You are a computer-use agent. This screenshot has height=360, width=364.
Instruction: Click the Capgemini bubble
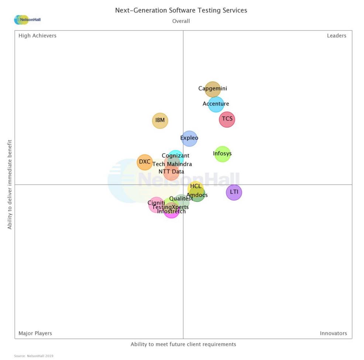pos(213,89)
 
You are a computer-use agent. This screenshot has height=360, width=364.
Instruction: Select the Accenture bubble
pos(216,104)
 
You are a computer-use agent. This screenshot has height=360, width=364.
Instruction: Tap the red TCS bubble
pos(227,119)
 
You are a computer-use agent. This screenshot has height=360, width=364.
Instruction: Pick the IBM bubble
pos(160,120)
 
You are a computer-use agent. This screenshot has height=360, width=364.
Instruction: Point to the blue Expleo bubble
pos(189,138)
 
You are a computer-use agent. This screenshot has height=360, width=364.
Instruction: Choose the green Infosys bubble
pos(222,154)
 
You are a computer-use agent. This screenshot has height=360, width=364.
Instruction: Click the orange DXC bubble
pos(145,162)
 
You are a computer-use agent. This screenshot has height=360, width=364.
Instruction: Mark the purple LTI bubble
pos(234,192)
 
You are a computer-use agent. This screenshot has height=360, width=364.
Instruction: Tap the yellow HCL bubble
pos(196,187)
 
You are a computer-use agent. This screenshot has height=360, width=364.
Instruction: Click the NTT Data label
pos(171,172)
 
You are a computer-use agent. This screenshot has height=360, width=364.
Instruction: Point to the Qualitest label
pos(181,199)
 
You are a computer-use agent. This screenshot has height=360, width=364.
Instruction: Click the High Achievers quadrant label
pos(37,36)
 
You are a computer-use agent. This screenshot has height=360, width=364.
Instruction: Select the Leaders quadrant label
pos(337,36)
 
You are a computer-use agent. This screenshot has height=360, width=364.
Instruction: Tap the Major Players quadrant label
pos(35,333)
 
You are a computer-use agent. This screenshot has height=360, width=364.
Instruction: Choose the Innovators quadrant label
pos(333,333)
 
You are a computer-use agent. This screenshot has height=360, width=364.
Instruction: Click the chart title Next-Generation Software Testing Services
pos(181,10)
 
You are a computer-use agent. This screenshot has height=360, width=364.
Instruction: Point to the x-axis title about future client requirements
pos(183,344)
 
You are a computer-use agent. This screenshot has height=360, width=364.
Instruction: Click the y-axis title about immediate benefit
pos(10,184)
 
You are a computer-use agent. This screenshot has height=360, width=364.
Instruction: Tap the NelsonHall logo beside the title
pos(27,20)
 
